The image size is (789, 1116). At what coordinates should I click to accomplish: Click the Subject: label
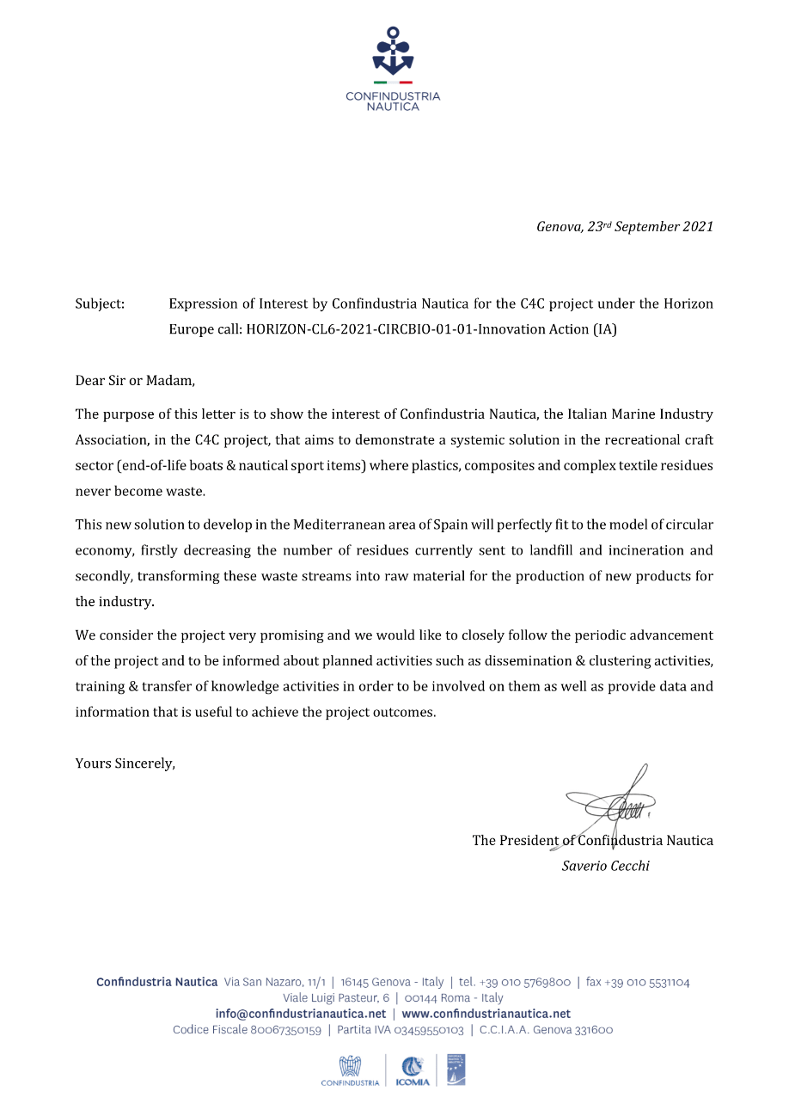coord(100,304)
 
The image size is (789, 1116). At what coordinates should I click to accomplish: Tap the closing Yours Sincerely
coord(125,763)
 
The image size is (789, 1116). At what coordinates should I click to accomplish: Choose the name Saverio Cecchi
coord(605,866)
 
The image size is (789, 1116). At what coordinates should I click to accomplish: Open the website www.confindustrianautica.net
coord(486,1014)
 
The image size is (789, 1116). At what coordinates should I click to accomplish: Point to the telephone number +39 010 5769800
coord(525,982)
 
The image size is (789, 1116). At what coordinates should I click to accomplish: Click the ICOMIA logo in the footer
coord(412,1071)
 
